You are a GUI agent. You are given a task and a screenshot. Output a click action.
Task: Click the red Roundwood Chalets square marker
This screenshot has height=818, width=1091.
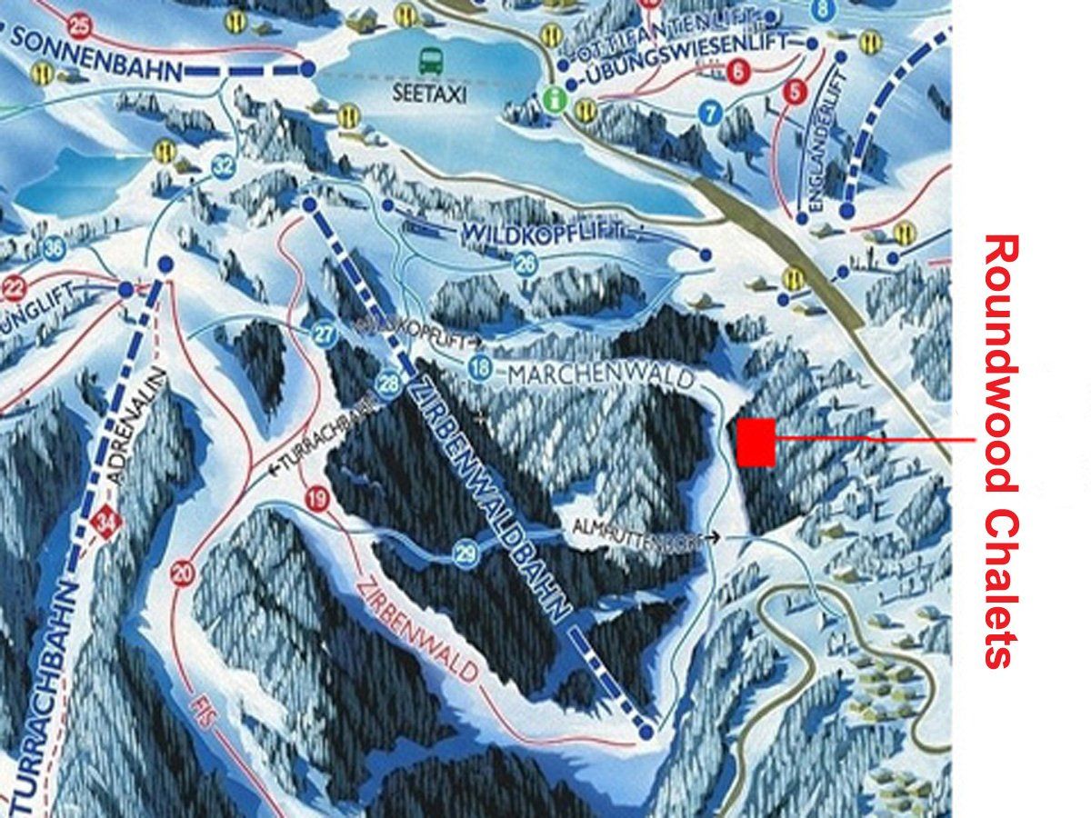756,443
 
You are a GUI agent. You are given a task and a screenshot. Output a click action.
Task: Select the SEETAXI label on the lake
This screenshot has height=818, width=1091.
430,93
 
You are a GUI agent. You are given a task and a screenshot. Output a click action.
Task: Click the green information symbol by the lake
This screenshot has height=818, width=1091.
552,97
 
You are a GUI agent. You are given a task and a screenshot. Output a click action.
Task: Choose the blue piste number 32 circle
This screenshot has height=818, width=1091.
223,166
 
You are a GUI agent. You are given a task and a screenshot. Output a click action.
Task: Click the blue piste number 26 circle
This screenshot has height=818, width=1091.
525,264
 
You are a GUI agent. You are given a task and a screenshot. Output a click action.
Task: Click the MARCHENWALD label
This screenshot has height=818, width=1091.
601,374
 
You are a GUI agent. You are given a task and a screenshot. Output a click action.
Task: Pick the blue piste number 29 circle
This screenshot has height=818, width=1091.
465,553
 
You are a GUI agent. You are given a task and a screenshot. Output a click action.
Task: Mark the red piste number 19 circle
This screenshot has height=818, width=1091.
316,498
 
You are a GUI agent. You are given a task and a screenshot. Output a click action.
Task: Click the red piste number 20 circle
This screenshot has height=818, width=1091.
183,573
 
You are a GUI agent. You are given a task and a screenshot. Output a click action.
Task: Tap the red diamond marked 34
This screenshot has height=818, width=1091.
109,524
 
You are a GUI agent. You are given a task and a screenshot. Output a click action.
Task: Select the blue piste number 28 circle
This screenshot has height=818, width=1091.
389,384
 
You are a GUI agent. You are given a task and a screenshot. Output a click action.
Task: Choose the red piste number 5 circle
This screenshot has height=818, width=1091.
797,91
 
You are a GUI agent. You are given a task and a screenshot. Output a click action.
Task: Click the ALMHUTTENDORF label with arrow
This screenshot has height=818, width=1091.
646,533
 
